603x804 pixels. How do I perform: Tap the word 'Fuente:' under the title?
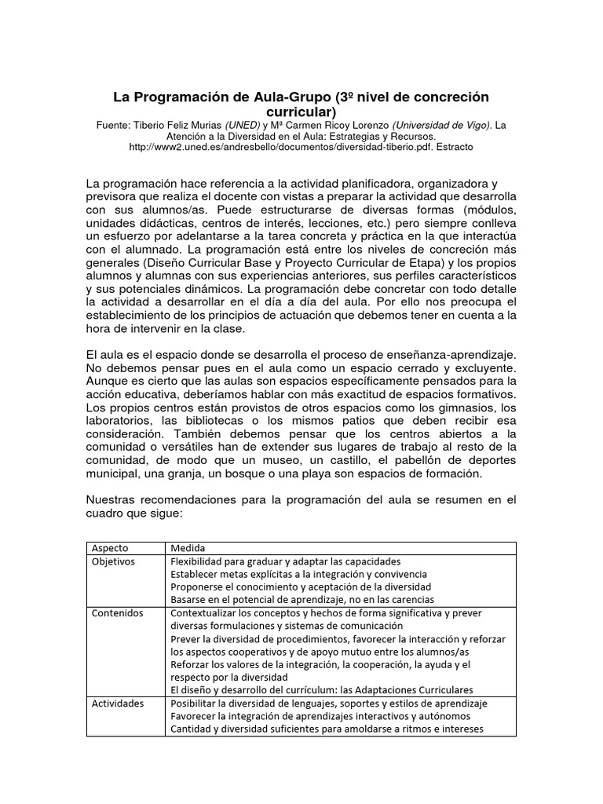tap(116, 124)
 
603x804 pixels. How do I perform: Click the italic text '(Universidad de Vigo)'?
tap(444, 124)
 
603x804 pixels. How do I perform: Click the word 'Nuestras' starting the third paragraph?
tap(115, 500)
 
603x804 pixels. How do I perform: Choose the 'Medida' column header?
tap(186, 548)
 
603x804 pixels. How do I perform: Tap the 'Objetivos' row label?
tap(114, 561)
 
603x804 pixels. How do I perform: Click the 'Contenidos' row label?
tap(116, 612)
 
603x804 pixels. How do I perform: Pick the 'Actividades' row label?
tap(118, 703)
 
